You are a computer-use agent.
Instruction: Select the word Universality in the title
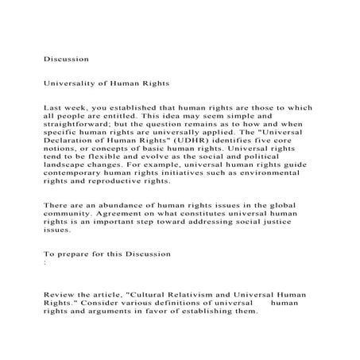click(72, 82)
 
